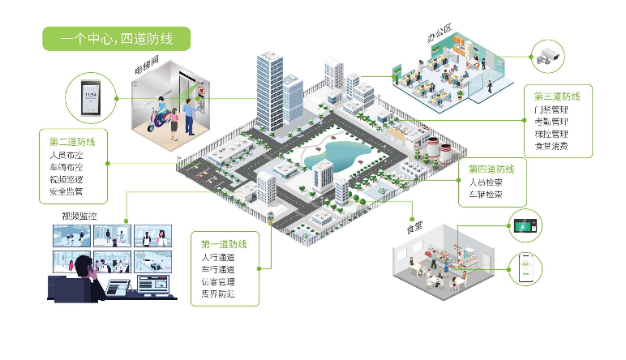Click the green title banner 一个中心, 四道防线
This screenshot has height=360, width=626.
coord(116,39)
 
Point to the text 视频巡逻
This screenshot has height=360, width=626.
coord(66,179)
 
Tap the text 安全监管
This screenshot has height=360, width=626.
coord(66,192)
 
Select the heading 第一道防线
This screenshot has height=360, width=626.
coord(225,244)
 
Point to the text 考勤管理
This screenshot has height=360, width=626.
coord(551,122)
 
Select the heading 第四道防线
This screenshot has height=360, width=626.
coord(492,169)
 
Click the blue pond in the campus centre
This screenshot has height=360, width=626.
coord(345,152)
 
